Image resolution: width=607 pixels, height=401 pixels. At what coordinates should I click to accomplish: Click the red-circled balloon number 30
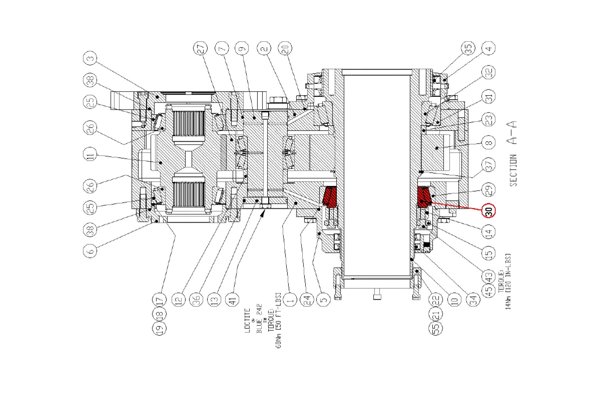tap(489, 210)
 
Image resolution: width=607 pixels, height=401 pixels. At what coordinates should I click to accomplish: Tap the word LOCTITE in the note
tap(247, 320)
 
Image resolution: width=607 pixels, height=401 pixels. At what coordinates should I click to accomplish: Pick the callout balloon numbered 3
tap(90, 59)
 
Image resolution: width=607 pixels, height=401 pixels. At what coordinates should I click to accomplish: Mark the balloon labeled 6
tap(90, 251)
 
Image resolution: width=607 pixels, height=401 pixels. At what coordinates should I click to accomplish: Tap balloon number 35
tap(469, 49)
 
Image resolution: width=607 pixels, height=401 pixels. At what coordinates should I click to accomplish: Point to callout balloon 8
tap(489, 143)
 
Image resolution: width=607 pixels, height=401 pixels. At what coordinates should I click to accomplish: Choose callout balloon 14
tap(489, 232)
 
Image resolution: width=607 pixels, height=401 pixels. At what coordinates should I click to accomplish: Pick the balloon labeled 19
tap(159, 328)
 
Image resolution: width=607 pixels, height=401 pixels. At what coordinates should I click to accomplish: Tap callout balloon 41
tap(233, 299)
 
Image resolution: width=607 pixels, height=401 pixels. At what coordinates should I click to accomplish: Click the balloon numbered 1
tap(290, 299)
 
